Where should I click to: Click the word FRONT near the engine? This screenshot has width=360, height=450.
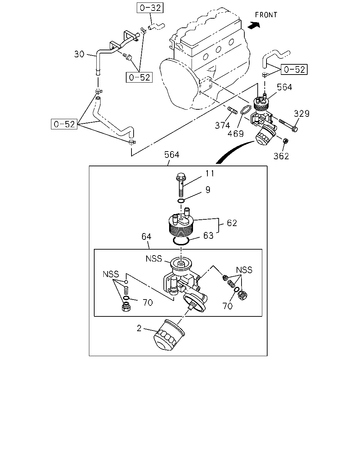click(x=266, y=15)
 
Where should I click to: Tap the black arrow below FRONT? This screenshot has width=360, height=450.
click(x=254, y=25)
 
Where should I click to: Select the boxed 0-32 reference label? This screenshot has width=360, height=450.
click(x=150, y=8)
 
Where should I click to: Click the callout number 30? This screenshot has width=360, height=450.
click(x=79, y=54)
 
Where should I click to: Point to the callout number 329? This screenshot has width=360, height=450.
click(x=301, y=114)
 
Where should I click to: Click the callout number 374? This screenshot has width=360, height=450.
click(x=223, y=126)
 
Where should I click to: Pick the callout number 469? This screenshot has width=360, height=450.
click(x=236, y=134)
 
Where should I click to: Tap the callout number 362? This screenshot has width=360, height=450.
click(x=281, y=156)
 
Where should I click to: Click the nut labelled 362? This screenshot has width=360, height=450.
click(x=285, y=141)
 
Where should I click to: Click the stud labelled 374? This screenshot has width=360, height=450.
click(x=232, y=110)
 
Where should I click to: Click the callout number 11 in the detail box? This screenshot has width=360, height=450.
click(x=210, y=174)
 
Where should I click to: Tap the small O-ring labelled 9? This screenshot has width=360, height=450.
click(x=181, y=201)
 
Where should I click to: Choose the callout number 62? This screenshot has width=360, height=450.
click(x=232, y=223)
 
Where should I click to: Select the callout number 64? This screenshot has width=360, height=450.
click(x=146, y=237)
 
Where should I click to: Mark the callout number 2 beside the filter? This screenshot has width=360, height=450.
click(x=139, y=328)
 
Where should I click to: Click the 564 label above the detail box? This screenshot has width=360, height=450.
click(x=172, y=155)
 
